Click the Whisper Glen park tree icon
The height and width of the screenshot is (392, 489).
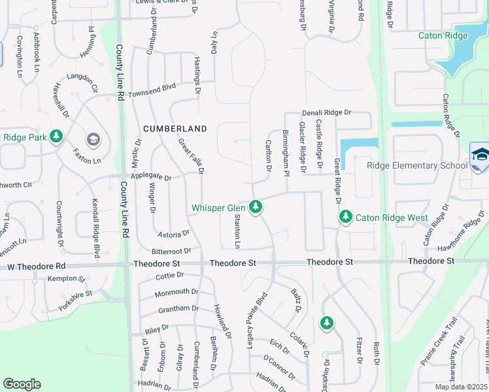point(256,208)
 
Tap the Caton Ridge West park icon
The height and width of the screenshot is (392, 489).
point(345,217)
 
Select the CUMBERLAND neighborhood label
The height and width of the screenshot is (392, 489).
point(175,129)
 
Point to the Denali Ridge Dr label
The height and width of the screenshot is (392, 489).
point(326,113)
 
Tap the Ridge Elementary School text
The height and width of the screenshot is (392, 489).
point(417,165)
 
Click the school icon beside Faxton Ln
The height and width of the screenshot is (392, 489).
point(93,139)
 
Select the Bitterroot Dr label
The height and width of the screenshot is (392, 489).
point(171,251)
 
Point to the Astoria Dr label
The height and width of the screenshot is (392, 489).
point(173,233)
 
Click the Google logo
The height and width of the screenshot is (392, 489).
point(22,384)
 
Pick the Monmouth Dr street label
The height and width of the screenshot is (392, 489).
point(177,291)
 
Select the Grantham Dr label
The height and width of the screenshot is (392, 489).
point(178,308)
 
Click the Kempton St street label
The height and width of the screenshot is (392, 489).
point(66,279)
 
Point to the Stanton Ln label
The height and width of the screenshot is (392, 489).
point(237,231)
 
